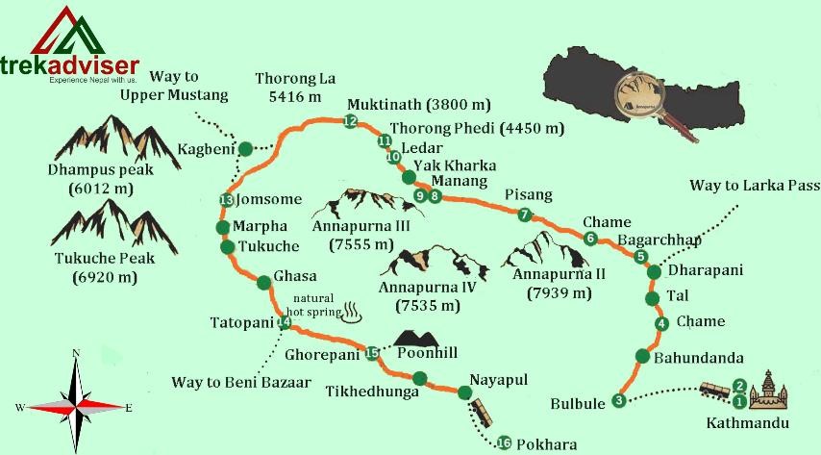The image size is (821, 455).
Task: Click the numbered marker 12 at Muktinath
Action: pos(349,121)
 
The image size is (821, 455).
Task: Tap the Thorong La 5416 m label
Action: pos(294,88)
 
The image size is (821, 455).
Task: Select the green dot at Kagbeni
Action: pos(246,148)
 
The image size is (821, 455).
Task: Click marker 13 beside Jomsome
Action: pos(226,200)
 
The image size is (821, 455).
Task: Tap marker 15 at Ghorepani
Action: pos(373,353)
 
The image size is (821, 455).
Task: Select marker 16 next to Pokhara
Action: pos(504,442)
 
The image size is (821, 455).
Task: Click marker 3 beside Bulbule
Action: pos(619,400)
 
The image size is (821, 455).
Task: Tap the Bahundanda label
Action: pos(698,359)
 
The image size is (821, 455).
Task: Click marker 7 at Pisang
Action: pos(524,215)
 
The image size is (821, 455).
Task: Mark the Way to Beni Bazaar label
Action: pos(241,383)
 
